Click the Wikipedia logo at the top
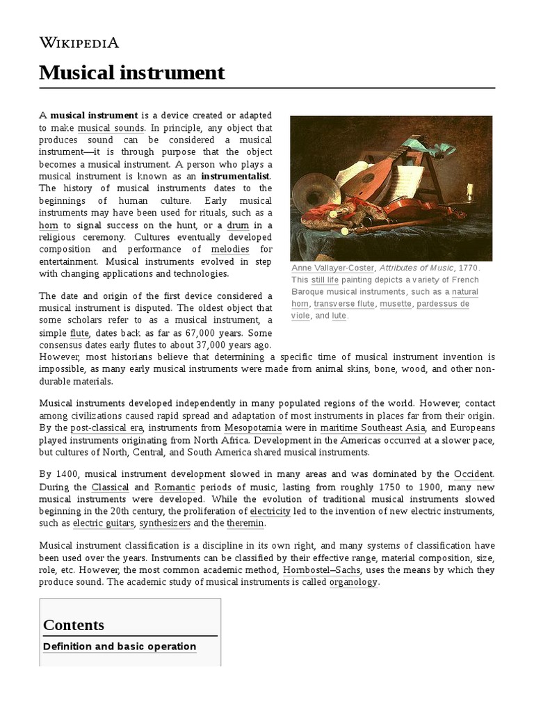coord(79,43)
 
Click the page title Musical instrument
coord(132,72)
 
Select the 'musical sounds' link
coord(111,128)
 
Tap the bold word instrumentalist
coord(235,176)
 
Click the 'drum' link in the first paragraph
coord(242,225)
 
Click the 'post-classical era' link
coord(106,428)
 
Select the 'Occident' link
coord(473,474)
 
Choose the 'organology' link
coord(353,582)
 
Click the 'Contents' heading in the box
coord(74,624)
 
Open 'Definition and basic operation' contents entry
coord(120,647)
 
